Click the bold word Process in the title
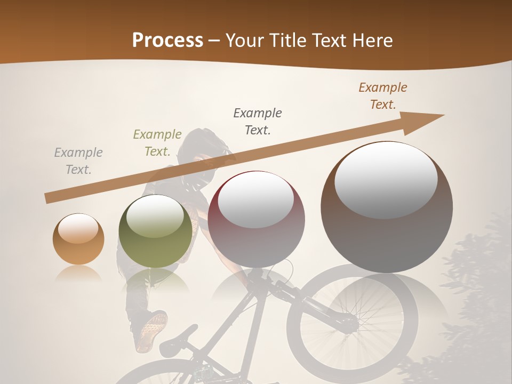[167, 40]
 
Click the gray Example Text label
[78, 161]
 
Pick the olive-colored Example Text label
[157, 143]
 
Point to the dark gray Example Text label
[258, 121]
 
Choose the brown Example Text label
[383, 96]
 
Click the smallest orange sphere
[78, 239]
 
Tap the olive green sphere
[155, 231]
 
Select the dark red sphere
[256, 219]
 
